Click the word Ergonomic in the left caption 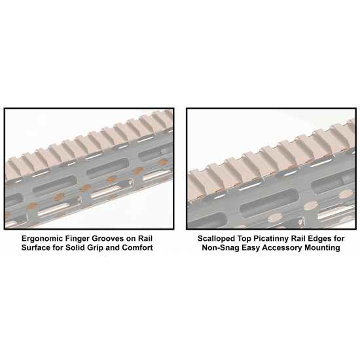coord(42,239)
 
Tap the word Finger coord(77,239)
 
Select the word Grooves coord(107,238)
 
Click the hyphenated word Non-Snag coord(219,248)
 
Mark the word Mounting coord(322,248)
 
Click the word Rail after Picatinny coord(298,238)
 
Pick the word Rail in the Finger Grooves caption coord(145,238)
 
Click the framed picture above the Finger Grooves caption coord(89,169)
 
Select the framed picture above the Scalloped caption coord(271,169)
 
